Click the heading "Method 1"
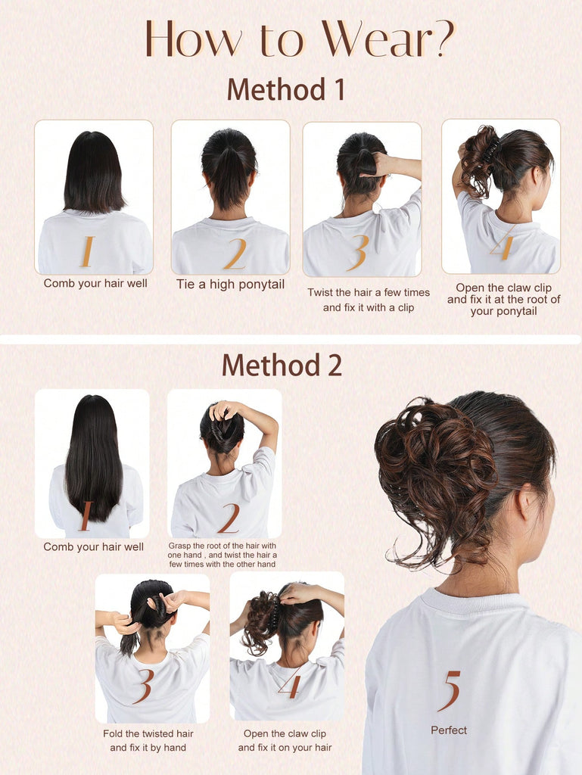click(x=285, y=89)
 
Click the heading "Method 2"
click(x=282, y=366)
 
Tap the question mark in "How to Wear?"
click(x=443, y=39)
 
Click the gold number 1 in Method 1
click(x=88, y=251)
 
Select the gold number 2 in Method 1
click(x=235, y=254)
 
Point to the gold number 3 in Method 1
click(x=359, y=253)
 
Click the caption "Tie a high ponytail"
click(x=230, y=285)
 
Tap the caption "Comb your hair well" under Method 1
click(x=95, y=283)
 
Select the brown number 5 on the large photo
click(x=450, y=690)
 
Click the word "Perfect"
click(x=449, y=730)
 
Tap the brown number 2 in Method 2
click(x=229, y=518)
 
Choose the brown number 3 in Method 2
click(x=144, y=686)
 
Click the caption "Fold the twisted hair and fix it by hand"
click(x=148, y=740)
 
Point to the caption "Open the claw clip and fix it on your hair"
click(x=285, y=740)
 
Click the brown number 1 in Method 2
click(x=86, y=516)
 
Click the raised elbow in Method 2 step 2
click(x=271, y=431)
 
